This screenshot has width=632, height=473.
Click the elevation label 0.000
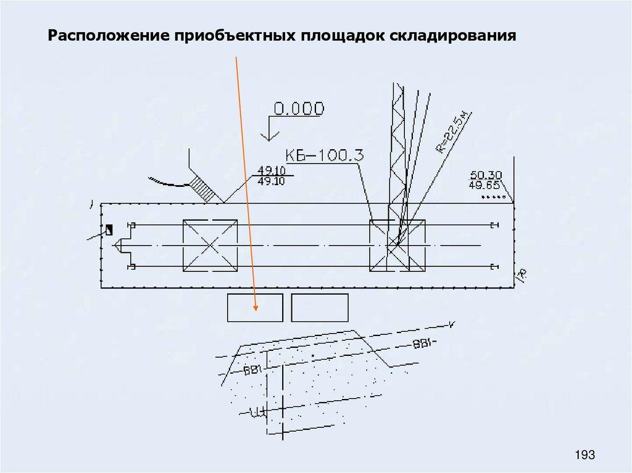298,109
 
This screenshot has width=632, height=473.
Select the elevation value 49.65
483,184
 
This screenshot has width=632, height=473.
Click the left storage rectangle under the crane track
255,308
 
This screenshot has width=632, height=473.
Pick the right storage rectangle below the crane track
319,308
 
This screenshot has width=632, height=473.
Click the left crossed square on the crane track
210,245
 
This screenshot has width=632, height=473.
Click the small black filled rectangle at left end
109,230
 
